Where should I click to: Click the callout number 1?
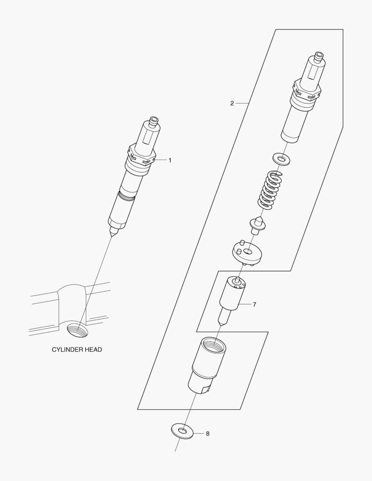pyautogui.click(x=170, y=160)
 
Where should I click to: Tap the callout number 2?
pyautogui.click(x=232, y=103)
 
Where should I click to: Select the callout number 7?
pyautogui.click(x=254, y=305)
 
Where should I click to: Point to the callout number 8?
pyautogui.click(x=208, y=434)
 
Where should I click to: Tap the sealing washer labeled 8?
pyautogui.click(x=182, y=431)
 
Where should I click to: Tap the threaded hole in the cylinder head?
pyautogui.click(x=77, y=330)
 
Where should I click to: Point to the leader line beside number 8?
pyautogui.click(x=199, y=434)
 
